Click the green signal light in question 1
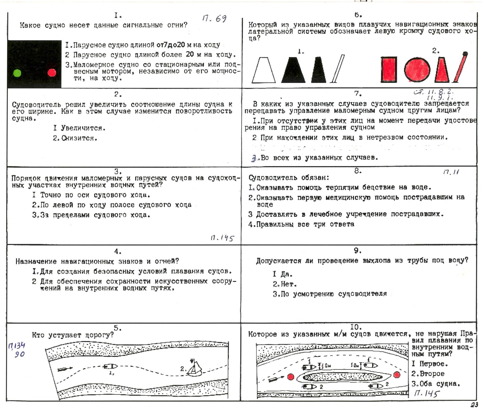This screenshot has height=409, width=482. click(17, 73)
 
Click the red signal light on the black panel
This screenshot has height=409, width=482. click(52, 73)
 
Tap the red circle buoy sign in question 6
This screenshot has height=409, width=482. click(417, 69)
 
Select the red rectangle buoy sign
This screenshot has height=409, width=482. click(389, 69)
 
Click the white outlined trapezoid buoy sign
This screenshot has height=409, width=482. click(263, 70)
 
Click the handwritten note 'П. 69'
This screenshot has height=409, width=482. click(214, 18)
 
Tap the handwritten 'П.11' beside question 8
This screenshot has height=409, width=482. click(451, 172)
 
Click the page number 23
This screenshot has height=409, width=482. click(474, 405)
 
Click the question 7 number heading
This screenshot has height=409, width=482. click(358, 94)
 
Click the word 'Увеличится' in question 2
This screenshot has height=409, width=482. click(83, 128)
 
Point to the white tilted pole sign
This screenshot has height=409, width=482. click(337, 69)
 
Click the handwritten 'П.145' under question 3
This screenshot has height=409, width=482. click(222, 238)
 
